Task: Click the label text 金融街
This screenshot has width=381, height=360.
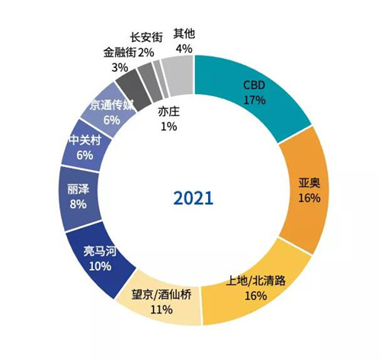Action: click(119, 53)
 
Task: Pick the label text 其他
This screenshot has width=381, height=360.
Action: click(183, 34)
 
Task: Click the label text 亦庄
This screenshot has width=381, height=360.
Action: click(168, 112)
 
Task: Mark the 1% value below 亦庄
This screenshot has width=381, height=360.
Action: click(168, 127)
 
